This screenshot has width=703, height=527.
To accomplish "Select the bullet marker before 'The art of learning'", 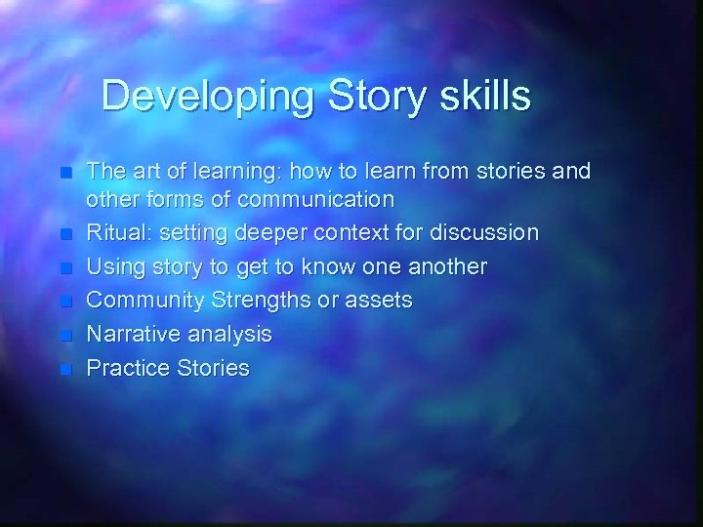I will (x=65, y=173).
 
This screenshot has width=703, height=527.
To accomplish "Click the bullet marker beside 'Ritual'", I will (x=65, y=234).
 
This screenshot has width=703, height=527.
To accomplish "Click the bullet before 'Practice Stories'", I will (x=65, y=369).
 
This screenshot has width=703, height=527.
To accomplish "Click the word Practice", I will (x=126, y=368).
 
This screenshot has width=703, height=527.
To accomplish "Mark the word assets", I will (x=379, y=301).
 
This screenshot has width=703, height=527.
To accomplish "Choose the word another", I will (x=440, y=267).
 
